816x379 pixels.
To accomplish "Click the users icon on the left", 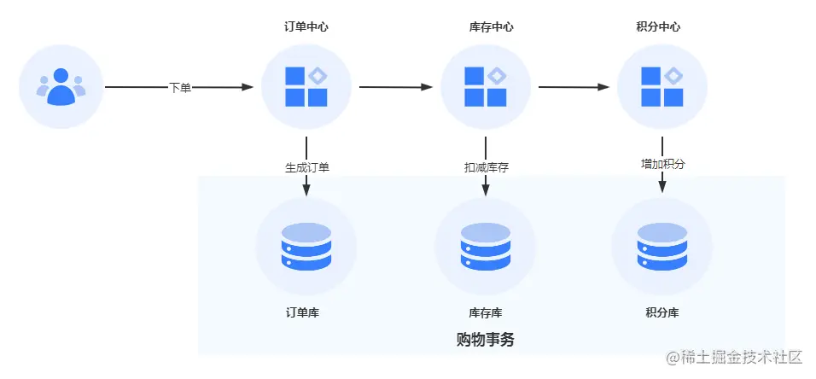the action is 61,86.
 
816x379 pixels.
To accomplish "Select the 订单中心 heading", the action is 306,27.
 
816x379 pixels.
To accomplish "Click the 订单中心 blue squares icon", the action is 306,87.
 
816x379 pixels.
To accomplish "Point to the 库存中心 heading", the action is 491,27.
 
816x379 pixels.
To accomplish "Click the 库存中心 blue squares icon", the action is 486,87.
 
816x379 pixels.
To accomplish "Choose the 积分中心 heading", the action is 658,27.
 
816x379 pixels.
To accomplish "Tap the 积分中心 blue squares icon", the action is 662,87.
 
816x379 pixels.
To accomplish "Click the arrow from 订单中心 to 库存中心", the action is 396,87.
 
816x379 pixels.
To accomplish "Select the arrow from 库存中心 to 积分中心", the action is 574,87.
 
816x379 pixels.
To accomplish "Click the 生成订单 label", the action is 306,167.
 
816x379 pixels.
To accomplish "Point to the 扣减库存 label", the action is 486,167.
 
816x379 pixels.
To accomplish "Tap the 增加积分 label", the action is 662,164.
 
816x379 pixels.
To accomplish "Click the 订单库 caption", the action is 302,313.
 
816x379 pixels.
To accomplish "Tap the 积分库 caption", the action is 662,313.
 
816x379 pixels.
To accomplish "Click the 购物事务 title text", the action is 486,340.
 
